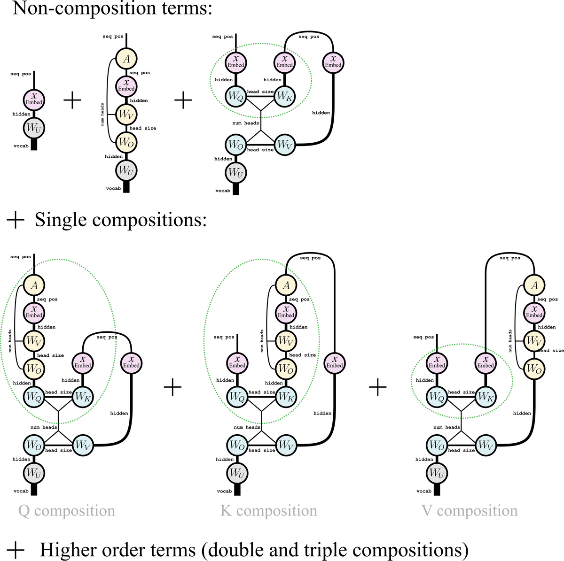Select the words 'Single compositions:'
tap(121, 220)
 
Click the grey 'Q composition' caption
tap(67, 511)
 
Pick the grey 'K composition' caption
tap(269, 511)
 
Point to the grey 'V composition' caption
tap(470, 511)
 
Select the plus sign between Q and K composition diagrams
tap(172, 387)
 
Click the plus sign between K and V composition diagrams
tap(377, 387)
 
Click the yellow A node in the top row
tap(126, 59)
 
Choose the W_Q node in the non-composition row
tap(235, 96)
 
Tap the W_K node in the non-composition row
tap(284, 96)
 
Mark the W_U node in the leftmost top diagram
tap(34, 128)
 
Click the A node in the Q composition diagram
tap(34, 285)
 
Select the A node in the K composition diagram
tap(286, 285)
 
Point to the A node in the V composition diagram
tap(534, 285)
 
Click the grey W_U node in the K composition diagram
tap(236, 473)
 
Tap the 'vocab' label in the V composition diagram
tap(423, 491)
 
